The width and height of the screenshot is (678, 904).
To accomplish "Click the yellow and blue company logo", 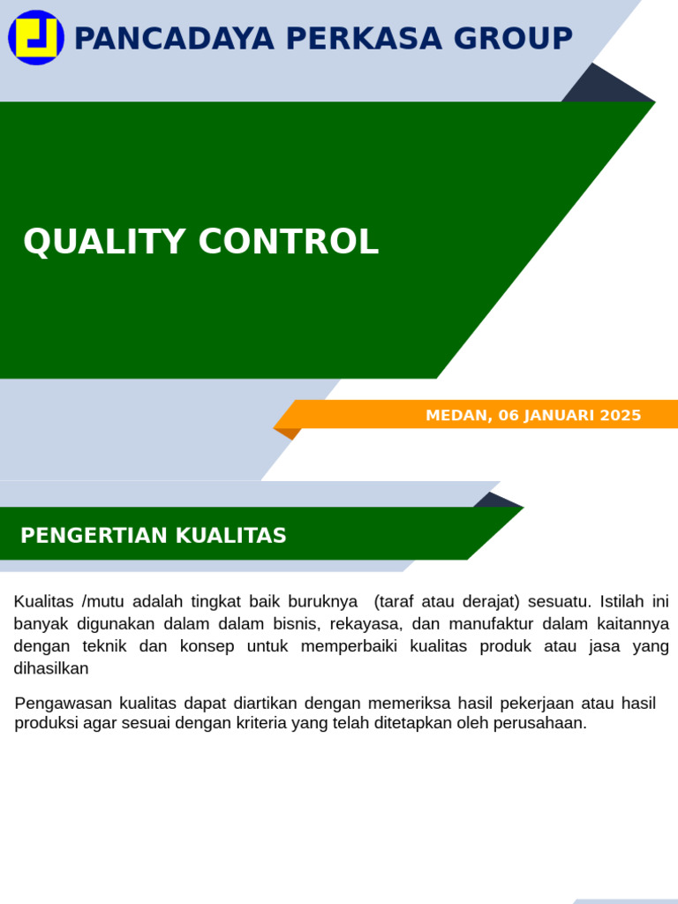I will [36, 37].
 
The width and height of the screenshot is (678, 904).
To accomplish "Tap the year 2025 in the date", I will [620, 415].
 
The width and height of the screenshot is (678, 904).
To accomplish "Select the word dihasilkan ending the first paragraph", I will [51, 668].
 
